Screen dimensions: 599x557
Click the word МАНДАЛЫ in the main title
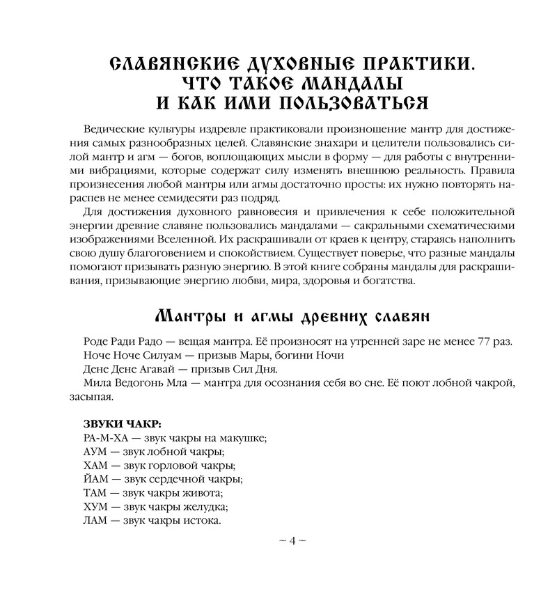coord(351,86)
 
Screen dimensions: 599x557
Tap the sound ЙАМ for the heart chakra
coord(96,479)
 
